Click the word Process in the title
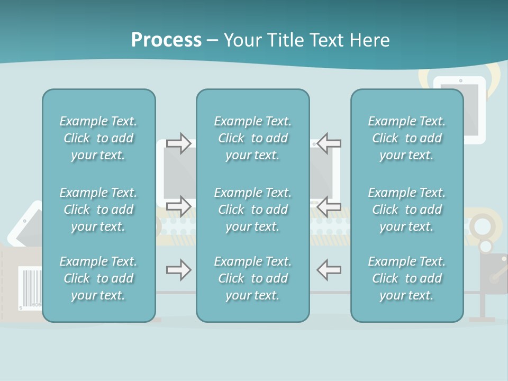point(166,40)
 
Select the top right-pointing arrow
point(179,143)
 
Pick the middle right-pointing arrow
point(179,206)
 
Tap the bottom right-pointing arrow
point(179,270)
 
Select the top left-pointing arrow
point(329,143)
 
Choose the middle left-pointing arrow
point(329,206)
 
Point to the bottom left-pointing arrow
point(329,270)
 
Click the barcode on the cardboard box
point(30,286)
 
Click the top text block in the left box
point(98,138)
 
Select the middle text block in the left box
point(98,210)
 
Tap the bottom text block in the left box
point(98,278)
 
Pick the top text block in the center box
point(252,138)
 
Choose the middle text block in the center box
point(252,210)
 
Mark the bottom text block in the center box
point(252,278)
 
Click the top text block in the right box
point(406,138)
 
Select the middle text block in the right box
point(406,210)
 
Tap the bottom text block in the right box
point(406,278)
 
